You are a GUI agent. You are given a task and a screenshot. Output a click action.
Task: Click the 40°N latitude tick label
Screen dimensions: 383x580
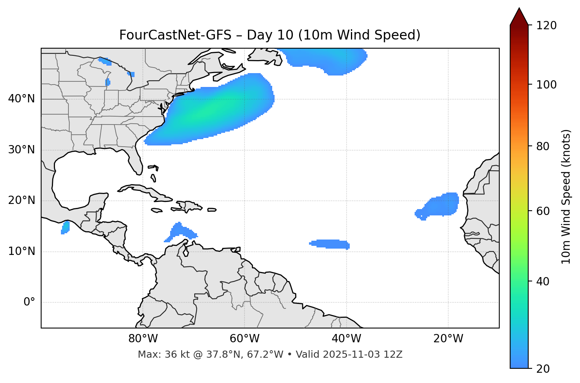point(21,99)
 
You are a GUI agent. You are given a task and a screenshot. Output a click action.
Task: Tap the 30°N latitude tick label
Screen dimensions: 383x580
point(21,150)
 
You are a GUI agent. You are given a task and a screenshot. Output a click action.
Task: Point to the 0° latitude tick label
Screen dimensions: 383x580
point(29,302)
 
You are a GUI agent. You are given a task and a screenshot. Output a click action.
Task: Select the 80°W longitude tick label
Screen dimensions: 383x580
point(143,339)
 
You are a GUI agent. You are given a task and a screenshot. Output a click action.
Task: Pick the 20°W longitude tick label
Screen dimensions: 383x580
point(448,339)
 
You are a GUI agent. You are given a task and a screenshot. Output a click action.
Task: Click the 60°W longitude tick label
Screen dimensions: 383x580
point(245,339)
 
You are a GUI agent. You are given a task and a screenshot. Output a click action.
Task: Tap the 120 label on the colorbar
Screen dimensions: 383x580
point(546,26)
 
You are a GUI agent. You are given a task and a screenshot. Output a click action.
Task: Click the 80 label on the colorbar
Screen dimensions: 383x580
point(543,146)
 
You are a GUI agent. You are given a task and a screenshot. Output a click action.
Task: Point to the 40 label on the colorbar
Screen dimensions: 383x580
point(543,281)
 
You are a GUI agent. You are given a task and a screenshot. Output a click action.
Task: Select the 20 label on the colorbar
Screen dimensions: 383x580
point(543,369)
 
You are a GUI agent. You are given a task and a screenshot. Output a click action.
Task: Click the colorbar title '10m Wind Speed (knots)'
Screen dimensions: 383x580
point(566,197)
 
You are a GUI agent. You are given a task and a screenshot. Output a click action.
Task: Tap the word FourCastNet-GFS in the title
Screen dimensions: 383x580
point(175,35)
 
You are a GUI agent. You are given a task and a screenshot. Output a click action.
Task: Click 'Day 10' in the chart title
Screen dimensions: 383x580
point(270,35)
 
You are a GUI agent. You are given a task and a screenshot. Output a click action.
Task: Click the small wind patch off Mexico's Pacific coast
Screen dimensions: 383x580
point(65,227)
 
